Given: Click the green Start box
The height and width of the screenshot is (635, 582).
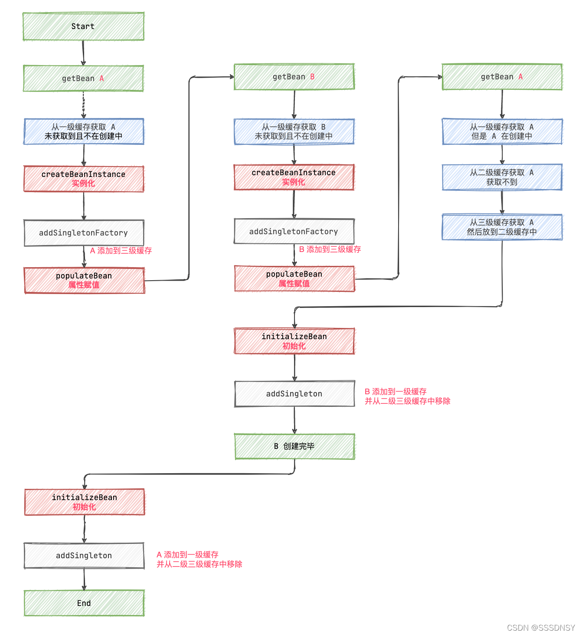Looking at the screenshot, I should click(83, 26).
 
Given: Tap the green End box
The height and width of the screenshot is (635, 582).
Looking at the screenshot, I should click(84, 603).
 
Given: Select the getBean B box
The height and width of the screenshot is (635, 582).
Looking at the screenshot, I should click(294, 77).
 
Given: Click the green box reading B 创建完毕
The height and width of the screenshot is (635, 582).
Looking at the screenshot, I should click(294, 446).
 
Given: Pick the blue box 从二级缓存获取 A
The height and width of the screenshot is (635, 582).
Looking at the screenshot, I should click(502, 177).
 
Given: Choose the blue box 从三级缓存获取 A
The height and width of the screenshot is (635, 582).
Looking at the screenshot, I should click(502, 227).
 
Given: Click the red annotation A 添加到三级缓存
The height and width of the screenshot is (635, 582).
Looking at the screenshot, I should click(121, 251).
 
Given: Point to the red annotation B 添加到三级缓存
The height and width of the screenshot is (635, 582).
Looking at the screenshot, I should click(330, 249).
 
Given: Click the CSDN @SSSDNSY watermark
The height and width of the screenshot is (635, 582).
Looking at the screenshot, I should click(541, 628).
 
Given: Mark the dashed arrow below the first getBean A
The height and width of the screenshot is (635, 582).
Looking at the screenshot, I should click(84, 105).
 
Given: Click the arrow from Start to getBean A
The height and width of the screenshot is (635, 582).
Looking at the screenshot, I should click(83, 53).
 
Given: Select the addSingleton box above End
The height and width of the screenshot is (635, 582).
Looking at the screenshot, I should click(84, 556).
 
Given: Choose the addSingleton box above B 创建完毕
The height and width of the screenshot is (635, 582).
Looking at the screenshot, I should click(294, 394).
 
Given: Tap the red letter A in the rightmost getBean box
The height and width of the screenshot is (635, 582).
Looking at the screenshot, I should click(520, 77).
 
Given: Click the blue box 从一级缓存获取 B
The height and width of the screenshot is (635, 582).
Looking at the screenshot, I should click(294, 131).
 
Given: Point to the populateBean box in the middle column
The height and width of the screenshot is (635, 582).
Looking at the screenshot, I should click(294, 278).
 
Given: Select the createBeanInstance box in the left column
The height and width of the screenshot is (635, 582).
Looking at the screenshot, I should click(84, 179).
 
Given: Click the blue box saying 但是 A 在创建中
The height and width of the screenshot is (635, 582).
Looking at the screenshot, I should click(502, 131).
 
